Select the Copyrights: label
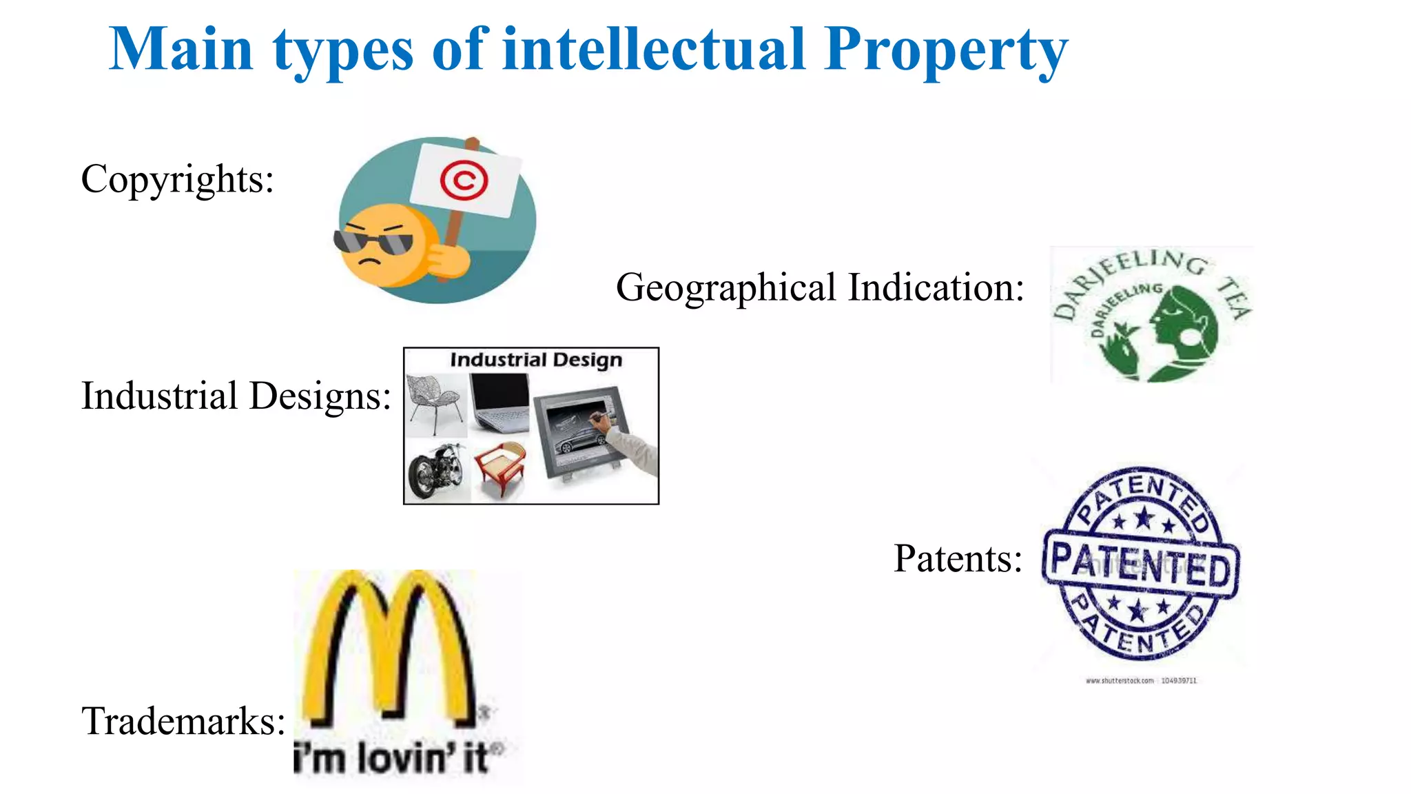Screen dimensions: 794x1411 point(178,179)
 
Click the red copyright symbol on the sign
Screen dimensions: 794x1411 point(464,181)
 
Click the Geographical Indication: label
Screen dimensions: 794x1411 point(820,287)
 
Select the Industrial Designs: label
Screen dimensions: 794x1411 point(236,396)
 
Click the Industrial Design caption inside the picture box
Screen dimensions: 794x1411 point(535,360)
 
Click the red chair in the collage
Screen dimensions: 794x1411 point(500,468)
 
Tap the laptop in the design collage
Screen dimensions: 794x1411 point(499,403)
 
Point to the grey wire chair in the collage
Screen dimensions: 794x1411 point(434,403)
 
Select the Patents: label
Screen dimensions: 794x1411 point(958,558)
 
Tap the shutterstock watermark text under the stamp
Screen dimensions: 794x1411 point(1141,680)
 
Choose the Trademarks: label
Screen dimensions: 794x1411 point(183,721)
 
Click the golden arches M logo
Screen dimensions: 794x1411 point(390,648)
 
